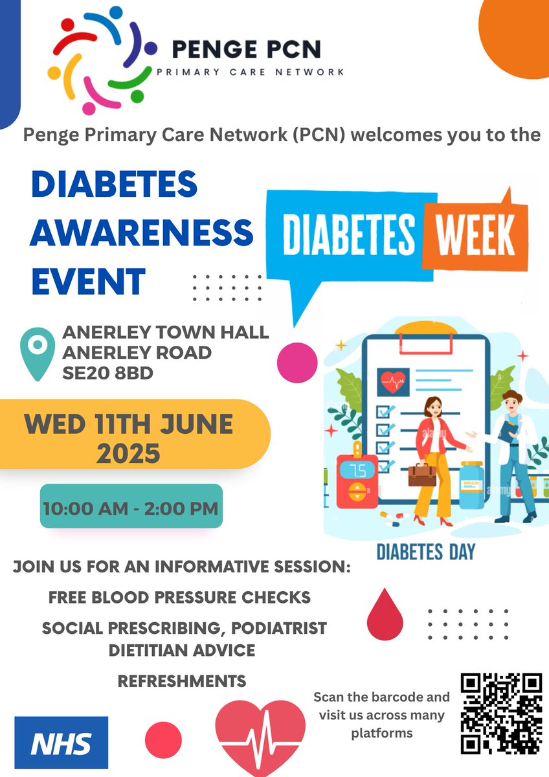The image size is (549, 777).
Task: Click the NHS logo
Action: (x=62, y=742)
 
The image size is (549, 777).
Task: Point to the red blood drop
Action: (x=385, y=614)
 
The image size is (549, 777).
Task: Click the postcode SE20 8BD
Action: (x=107, y=373)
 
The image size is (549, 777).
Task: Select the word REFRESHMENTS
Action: (x=182, y=681)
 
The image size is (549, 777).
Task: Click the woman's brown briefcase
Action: (x=421, y=474)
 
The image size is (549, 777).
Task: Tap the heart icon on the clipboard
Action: (x=392, y=382)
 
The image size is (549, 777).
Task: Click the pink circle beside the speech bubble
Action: (x=297, y=361)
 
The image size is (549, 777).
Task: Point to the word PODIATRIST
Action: (x=273, y=628)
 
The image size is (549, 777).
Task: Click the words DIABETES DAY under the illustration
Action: (x=425, y=552)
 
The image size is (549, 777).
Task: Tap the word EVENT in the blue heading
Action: (x=88, y=282)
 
